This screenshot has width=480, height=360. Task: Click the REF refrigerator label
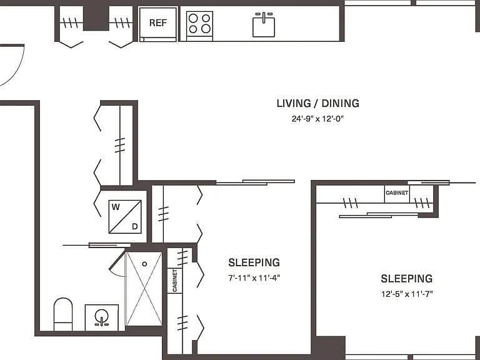tap(158, 22)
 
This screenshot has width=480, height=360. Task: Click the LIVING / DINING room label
tap(317, 104)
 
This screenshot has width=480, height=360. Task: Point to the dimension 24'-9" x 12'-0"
tap(317, 119)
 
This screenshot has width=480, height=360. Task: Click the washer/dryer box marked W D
tap(125, 217)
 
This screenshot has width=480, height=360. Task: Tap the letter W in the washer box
tap(116, 207)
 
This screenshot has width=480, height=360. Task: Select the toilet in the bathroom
tap(63, 314)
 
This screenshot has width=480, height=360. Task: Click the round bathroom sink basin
tap(101, 315)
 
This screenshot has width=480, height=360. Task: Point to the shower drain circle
tap(144, 264)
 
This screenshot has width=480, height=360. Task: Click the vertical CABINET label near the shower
tap(175, 281)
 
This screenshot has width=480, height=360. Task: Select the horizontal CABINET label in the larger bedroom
tap(397, 193)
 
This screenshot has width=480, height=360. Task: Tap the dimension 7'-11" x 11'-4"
tap(254, 278)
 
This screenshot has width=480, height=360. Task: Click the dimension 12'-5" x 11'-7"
tap(407, 294)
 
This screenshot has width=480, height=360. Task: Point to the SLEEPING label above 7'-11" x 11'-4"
tap(254, 262)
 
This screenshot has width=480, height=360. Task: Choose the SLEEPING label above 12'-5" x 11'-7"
tap(407, 279)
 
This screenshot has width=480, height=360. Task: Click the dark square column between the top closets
tap(96, 17)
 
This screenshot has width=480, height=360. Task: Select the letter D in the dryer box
tap(135, 226)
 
